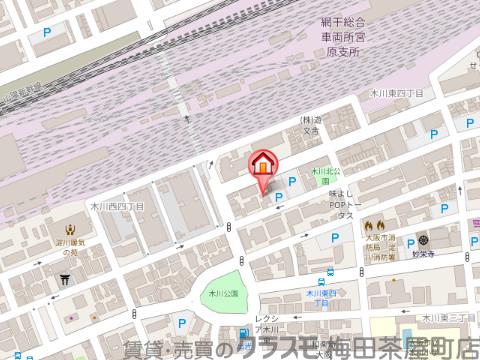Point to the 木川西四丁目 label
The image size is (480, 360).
point(111,206)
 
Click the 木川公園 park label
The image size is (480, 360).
point(224,294)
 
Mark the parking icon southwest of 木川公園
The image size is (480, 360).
point(182,323)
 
